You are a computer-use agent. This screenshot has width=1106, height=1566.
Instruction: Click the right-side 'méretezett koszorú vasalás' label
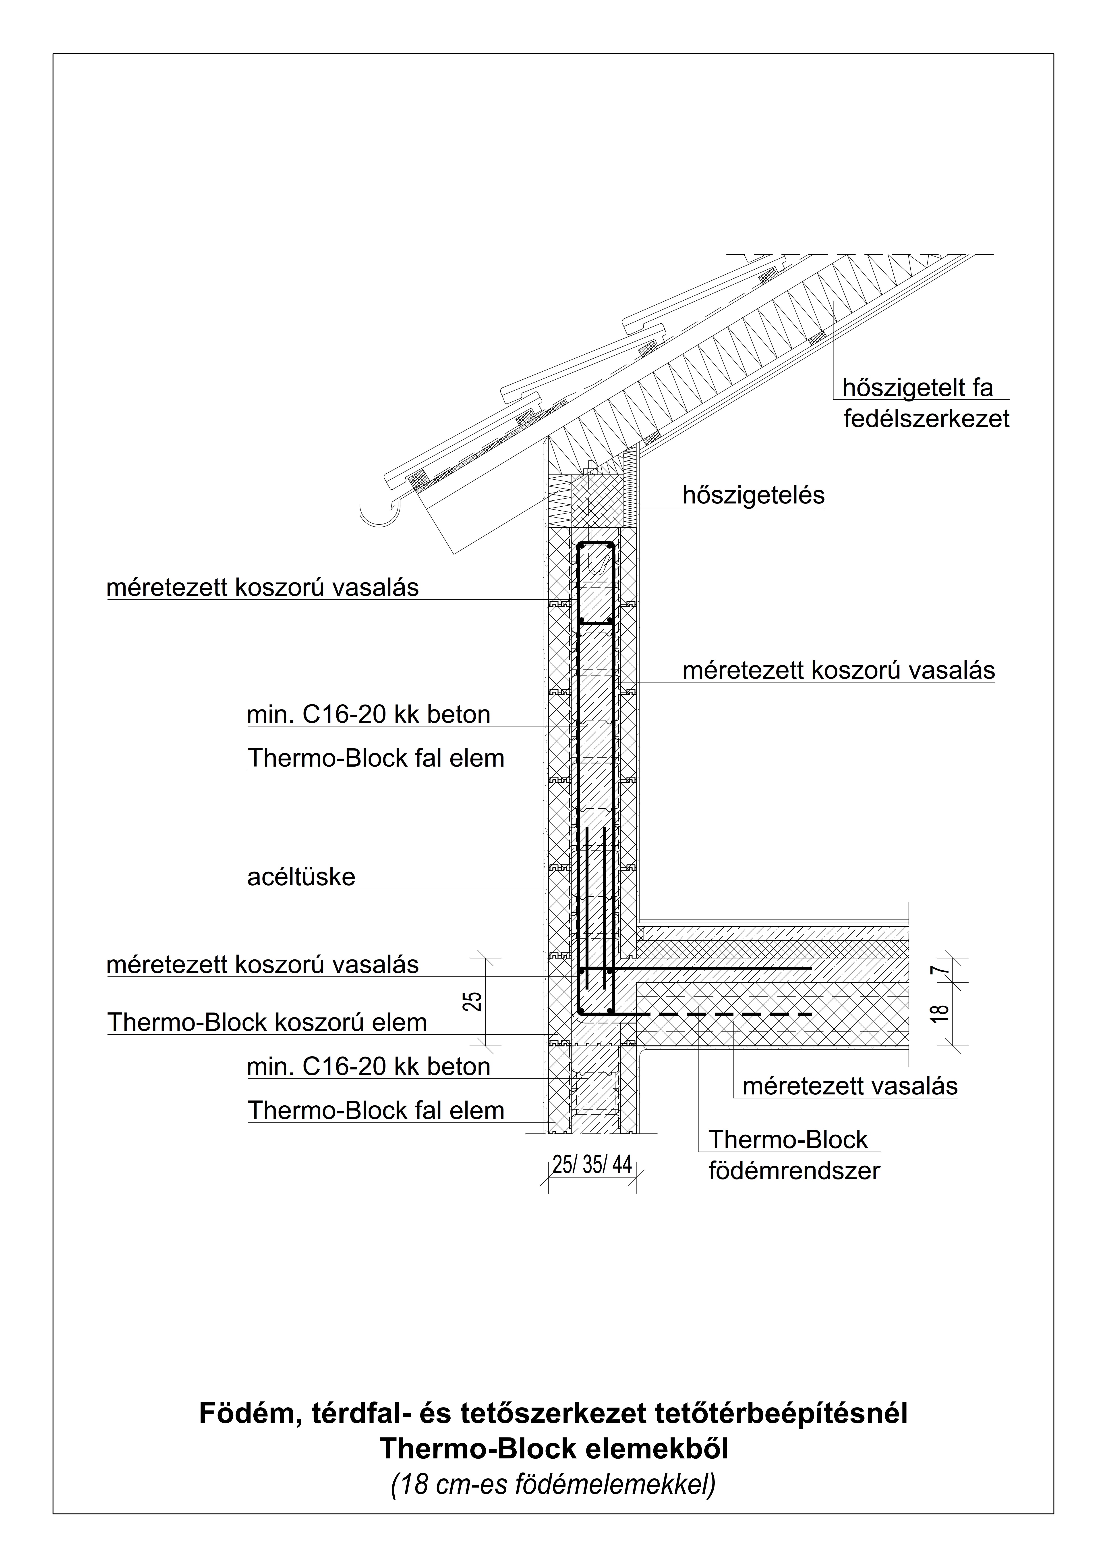(839, 670)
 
